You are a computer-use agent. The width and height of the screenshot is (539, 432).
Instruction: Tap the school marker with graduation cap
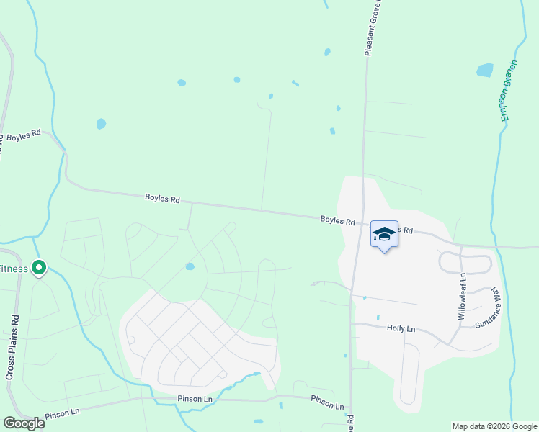click(x=384, y=235)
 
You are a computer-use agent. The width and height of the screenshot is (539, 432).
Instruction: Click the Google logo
click(x=24, y=423)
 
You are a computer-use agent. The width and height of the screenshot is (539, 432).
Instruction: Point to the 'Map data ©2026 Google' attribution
click(x=494, y=426)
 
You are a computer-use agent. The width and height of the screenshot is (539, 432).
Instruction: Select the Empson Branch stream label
click(x=509, y=91)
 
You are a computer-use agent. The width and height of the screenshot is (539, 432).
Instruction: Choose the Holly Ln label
click(x=401, y=328)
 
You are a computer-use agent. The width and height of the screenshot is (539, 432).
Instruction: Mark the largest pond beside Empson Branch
click(x=485, y=71)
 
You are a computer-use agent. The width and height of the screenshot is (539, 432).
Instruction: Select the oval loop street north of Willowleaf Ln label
click(x=467, y=263)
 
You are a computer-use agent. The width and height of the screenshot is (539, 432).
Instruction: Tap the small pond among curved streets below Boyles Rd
click(x=190, y=266)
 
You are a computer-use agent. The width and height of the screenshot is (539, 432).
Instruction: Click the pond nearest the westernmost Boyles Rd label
click(x=101, y=124)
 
